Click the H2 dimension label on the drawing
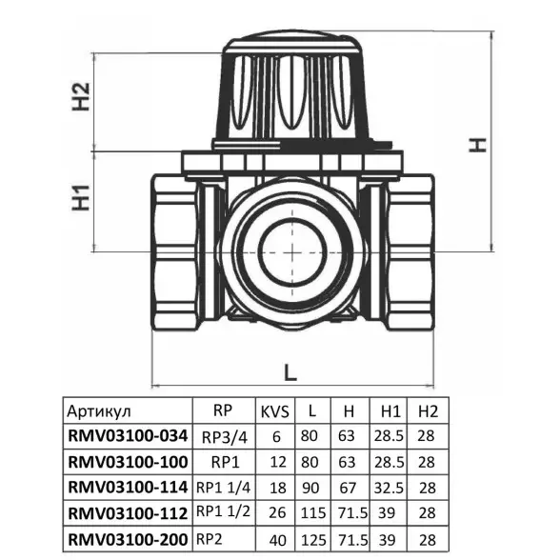pos(81,97)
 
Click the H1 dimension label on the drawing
pos(81,198)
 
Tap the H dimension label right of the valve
pos(478,145)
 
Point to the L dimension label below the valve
pos(290,372)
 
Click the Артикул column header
pos(99,411)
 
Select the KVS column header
pos(275,411)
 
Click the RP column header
pos(223,410)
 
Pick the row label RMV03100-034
pos(128,436)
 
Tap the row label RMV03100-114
pos(128,488)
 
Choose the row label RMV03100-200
pos(128,539)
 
